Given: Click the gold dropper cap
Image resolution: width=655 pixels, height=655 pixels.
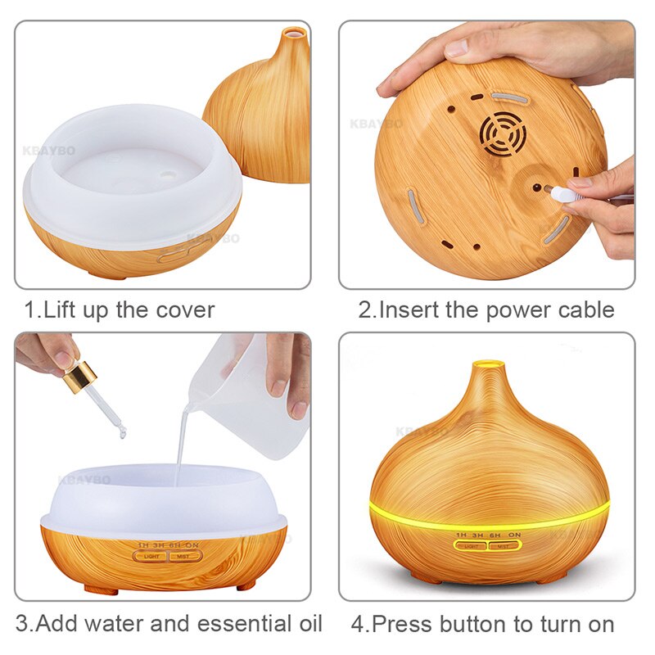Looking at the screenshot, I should (79, 377).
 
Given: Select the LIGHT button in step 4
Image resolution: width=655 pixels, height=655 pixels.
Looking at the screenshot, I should (472, 545).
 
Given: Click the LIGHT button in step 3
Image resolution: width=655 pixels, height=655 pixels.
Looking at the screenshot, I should (152, 556).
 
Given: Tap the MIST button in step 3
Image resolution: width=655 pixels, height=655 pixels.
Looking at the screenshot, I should (184, 556).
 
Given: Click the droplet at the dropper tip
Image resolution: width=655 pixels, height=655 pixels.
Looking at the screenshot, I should (120, 431).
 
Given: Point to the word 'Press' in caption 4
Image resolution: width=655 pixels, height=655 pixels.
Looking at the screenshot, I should (403, 624).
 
